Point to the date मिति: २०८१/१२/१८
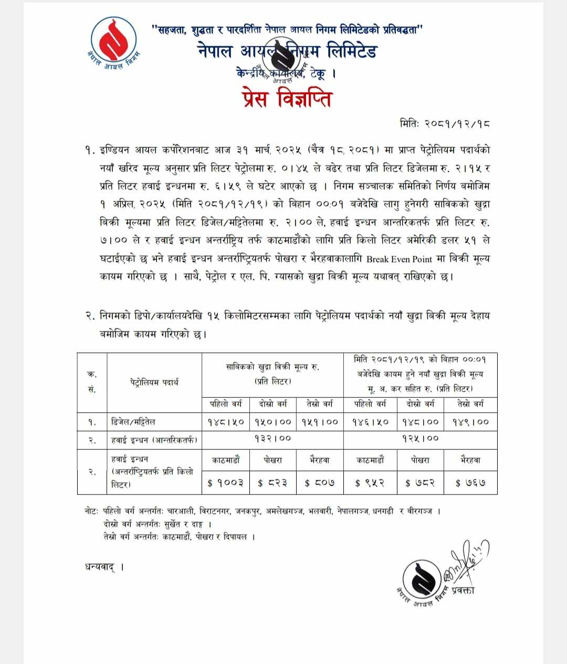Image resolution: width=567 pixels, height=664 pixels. (445, 124)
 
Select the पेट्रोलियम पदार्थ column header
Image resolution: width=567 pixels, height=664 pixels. (154, 382)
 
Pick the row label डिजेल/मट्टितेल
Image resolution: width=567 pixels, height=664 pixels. (134, 421)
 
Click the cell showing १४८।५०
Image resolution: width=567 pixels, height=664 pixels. (225, 421)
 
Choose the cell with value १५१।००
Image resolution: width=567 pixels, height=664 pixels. (320, 421)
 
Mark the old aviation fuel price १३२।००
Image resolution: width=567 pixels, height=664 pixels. (272, 438)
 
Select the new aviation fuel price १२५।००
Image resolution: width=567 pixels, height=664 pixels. (420, 438)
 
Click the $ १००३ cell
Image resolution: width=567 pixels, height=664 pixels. (225, 483)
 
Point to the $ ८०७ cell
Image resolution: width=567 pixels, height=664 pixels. (320, 483)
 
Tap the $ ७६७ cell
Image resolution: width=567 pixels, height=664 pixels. (470, 483)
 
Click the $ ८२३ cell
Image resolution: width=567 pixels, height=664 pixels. (272, 483)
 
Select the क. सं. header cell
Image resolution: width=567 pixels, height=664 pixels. (92, 382)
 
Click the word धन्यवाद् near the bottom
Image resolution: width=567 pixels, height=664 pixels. (100, 567)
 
